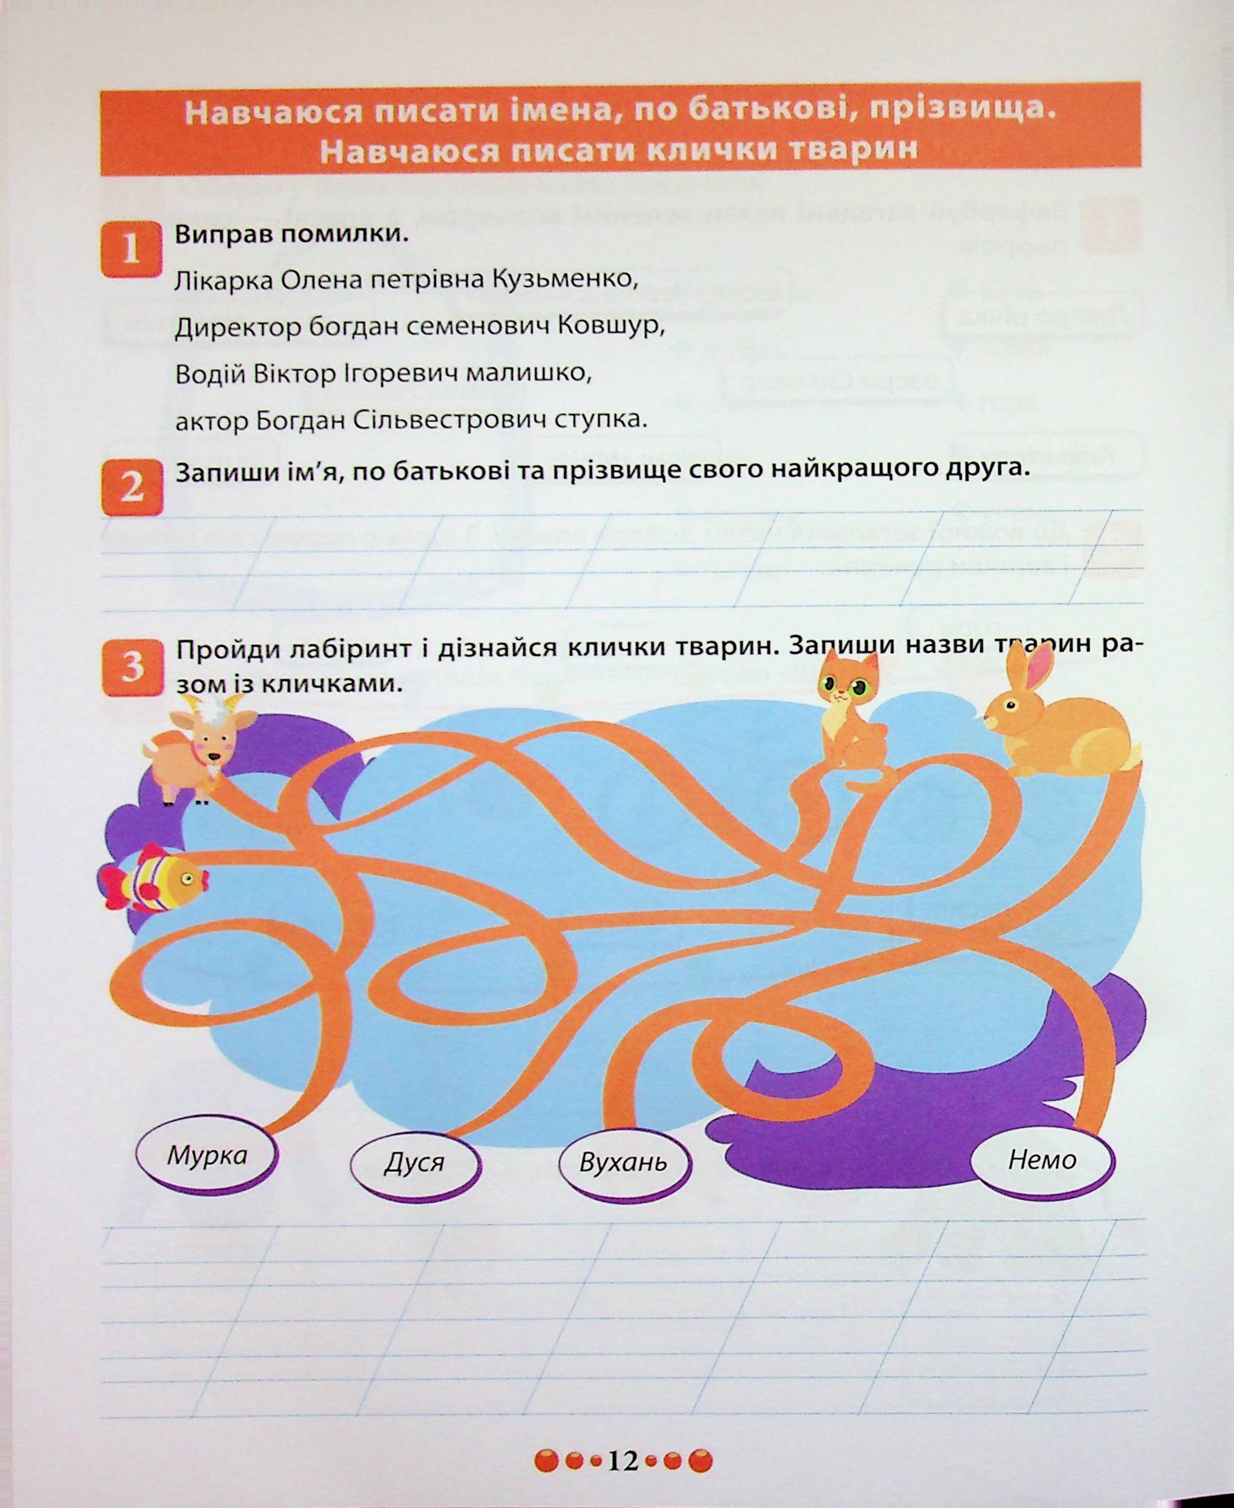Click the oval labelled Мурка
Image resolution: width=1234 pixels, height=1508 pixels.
(x=206, y=1155)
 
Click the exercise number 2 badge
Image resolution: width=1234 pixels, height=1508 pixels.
(x=132, y=487)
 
